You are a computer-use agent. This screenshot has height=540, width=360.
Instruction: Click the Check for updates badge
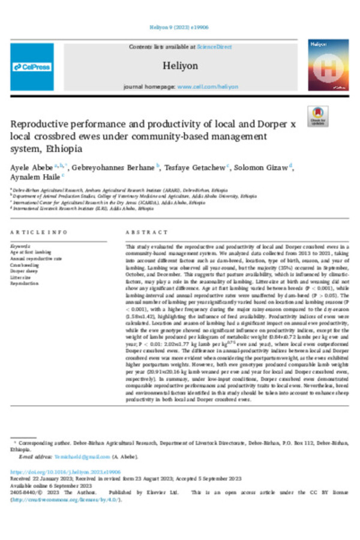click(x=317, y=116)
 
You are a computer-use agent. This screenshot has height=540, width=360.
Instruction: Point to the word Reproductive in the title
click(x=43, y=124)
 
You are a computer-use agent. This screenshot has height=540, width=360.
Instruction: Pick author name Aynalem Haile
click(x=34, y=176)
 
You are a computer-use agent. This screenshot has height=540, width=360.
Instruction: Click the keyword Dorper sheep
click(x=24, y=270)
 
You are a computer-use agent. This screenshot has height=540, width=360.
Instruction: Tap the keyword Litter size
click(x=22, y=277)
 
